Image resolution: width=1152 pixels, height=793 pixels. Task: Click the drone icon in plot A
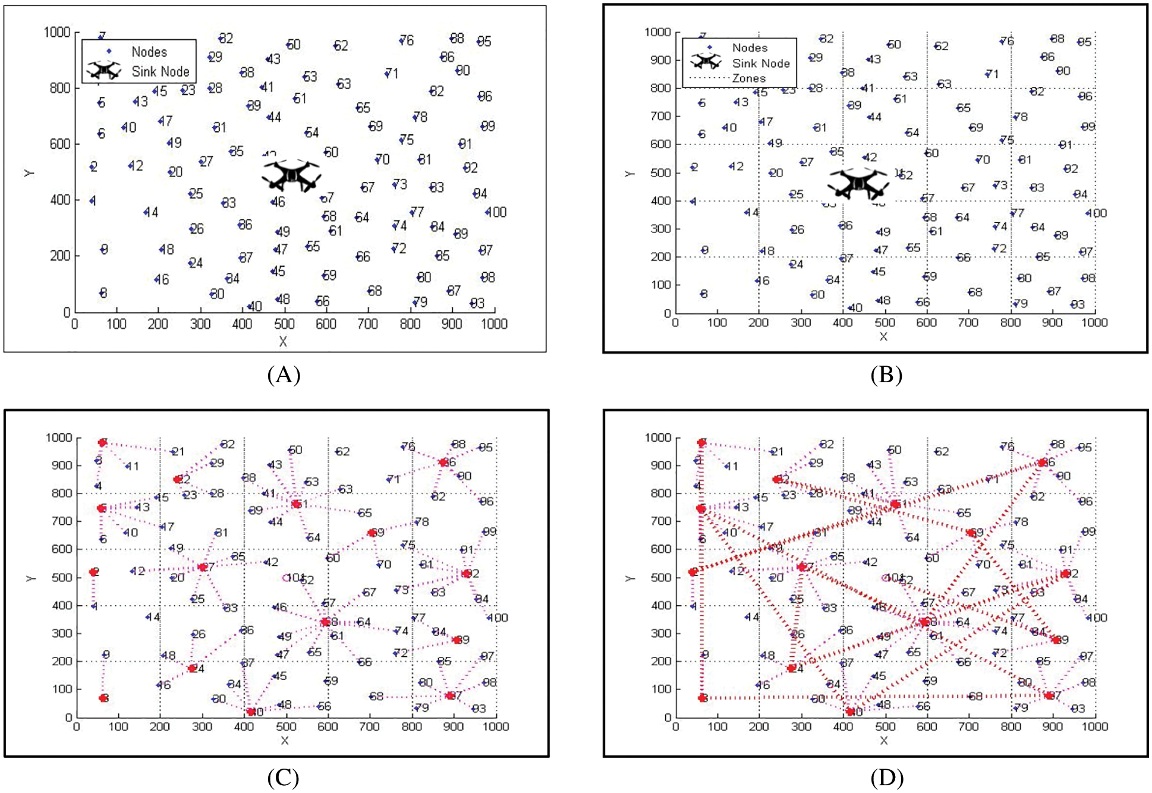coord(291,176)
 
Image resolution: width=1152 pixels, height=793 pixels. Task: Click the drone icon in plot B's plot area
coord(858,183)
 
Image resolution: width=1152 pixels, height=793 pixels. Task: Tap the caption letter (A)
coord(284,375)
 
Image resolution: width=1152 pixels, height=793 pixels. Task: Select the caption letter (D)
coord(886,778)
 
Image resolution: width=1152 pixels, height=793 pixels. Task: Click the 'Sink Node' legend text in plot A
coord(160,72)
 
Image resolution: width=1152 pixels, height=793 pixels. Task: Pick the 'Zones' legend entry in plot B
coord(749,78)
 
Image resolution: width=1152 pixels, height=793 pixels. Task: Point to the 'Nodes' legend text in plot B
coord(750,48)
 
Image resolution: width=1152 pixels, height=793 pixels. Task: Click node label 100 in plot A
coord(496,212)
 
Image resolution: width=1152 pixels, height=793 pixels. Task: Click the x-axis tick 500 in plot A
coord(284,324)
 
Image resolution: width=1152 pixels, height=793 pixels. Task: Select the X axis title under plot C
coord(285,741)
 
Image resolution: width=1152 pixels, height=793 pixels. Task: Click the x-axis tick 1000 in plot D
coord(1094,726)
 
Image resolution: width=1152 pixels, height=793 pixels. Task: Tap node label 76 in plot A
coord(407,40)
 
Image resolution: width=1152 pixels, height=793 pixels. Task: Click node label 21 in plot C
coord(178,452)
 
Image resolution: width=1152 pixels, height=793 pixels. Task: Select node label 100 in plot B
coord(1097,213)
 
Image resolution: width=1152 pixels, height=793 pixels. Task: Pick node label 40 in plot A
coord(255,307)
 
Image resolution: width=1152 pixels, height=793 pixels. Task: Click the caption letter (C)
coord(283,778)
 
